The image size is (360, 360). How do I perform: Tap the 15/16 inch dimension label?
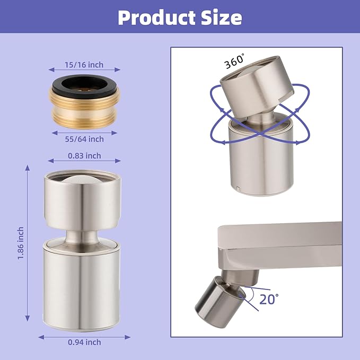(84, 65)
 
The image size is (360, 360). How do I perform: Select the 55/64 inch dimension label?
(84, 139)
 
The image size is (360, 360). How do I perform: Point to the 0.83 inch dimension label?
(84, 156)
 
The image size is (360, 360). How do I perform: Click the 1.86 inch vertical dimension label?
(20, 243)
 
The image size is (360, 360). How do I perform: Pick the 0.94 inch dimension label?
(84, 342)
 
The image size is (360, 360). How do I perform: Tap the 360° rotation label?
(233, 62)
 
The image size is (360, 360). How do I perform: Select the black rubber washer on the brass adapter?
(84, 84)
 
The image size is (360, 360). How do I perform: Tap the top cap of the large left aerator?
(82, 196)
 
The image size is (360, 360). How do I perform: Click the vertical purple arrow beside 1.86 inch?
(28, 243)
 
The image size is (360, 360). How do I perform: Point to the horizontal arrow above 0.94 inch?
(84, 336)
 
